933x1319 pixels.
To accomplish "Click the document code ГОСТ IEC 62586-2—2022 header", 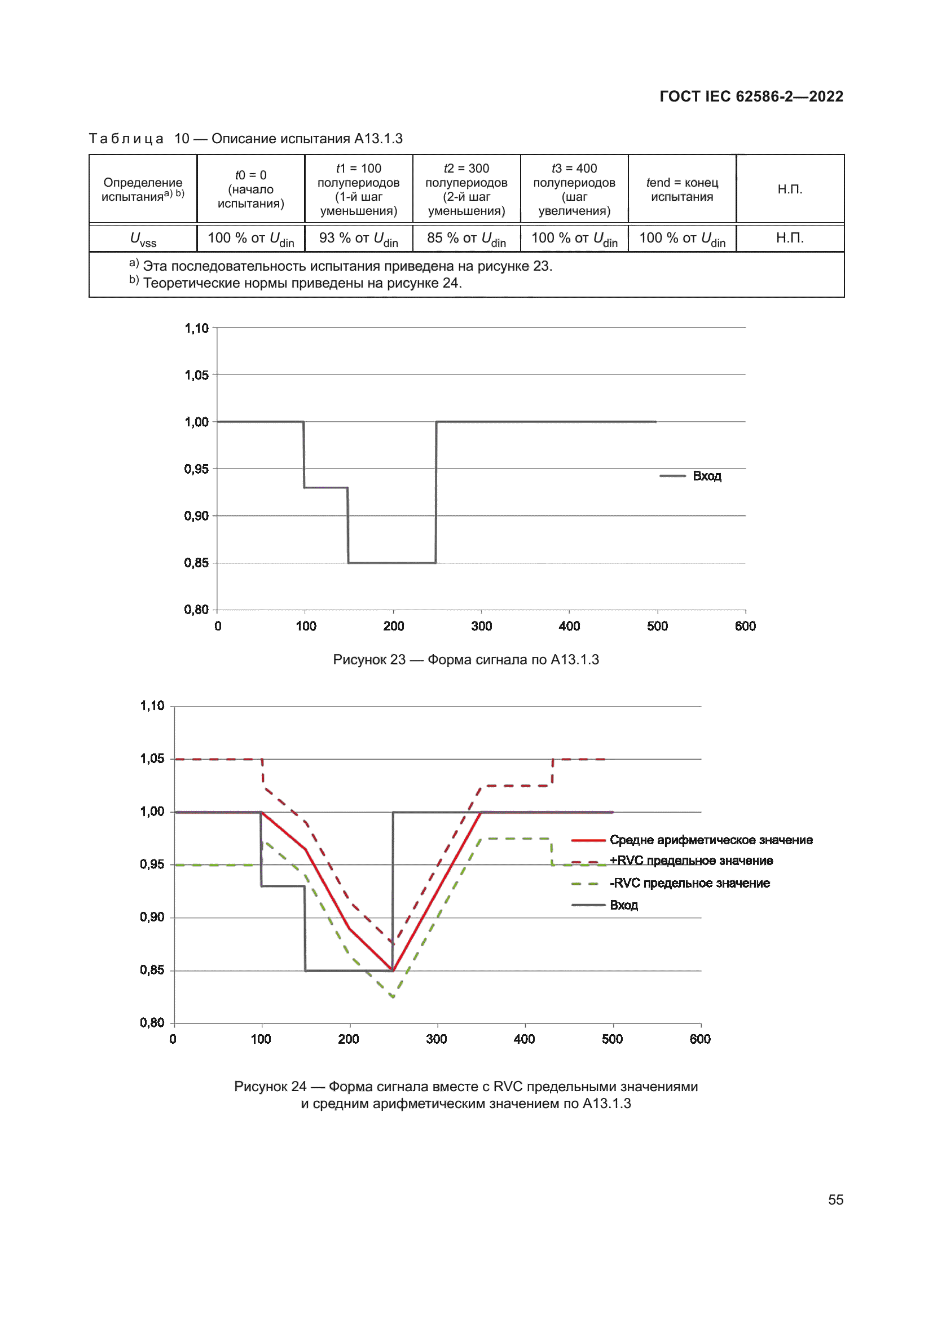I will [x=751, y=96].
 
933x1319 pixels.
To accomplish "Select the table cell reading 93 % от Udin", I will [x=359, y=239].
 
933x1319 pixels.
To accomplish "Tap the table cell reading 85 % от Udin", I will [x=466, y=239].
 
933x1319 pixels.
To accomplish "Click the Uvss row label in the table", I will [x=143, y=239].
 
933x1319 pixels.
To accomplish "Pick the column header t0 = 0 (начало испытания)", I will [x=250, y=189].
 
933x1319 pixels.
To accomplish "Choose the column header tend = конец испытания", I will [x=682, y=189].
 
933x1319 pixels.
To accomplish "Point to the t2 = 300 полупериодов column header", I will [x=466, y=189].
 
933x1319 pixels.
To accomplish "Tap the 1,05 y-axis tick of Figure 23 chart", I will [x=196, y=375].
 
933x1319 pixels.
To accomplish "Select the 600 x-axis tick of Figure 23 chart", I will [x=745, y=626].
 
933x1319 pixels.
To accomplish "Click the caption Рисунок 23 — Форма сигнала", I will [x=466, y=660].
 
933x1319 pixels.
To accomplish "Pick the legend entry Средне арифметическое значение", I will [x=711, y=840].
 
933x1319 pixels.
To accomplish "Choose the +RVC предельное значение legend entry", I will [x=691, y=861].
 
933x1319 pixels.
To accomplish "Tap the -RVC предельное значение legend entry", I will [x=689, y=883].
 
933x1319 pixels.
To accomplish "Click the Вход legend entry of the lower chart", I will [x=623, y=905].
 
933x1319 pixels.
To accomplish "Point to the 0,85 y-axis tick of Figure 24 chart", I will [x=152, y=970].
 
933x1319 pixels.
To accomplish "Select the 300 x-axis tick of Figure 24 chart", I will [x=437, y=1039].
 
